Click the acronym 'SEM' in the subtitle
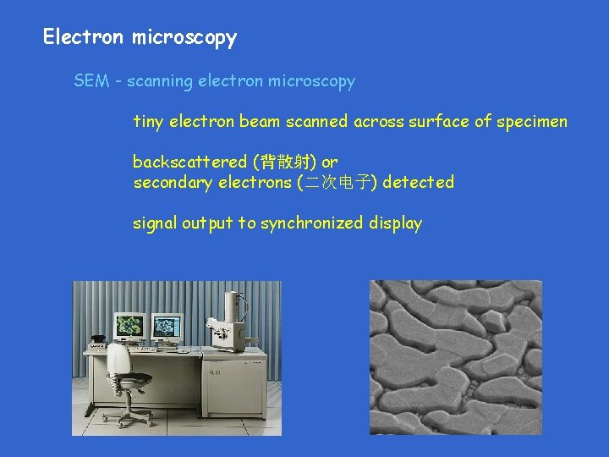pyautogui.click(x=91, y=81)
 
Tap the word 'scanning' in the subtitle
pyautogui.click(x=161, y=81)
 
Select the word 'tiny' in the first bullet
pyautogui.click(x=149, y=122)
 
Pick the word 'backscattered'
pyautogui.click(x=184, y=162)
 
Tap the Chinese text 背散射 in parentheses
pyautogui.click(x=279, y=162)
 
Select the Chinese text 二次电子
pyautogui.click(x=337, y=182)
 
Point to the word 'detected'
pyautogui.click(x=419, y=182)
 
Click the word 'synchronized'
pyautogui.click(x=312, y=223)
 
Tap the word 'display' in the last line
pyautogui.click(x=395, y=223)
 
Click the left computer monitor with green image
pyautogui.click(x=129, y=325)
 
